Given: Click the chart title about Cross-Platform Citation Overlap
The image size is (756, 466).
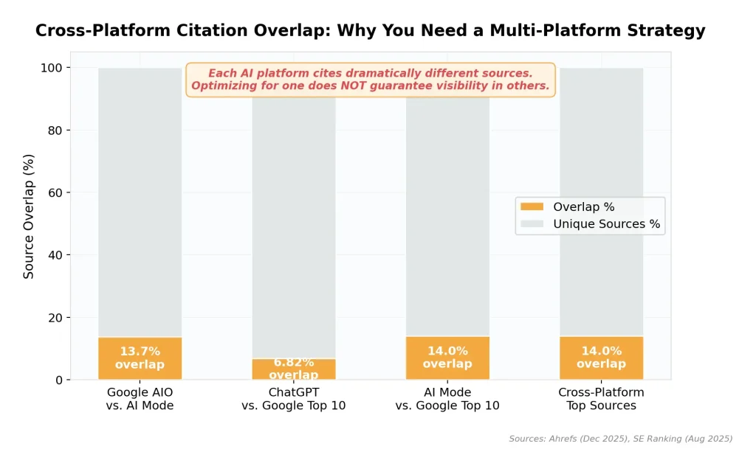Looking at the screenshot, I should click(x=370, y=31).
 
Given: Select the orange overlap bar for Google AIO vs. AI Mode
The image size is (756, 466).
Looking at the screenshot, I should click(x=140, y=358).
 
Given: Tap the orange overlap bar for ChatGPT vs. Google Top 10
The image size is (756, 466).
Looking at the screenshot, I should click(x=293, y=369).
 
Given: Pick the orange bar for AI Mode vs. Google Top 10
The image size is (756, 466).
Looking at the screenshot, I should click(x=447, y=358).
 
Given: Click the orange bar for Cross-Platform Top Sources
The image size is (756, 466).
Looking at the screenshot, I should click(x=601, y=358).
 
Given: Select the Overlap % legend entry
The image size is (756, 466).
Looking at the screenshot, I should click(x=583, y=207).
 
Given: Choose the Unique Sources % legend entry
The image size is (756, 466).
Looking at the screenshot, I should click(x=605, y=224).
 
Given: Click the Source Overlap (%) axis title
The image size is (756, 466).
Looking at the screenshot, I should click(x=29, y=216).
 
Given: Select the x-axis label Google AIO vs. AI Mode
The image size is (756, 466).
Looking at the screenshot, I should click(x=140, y=399).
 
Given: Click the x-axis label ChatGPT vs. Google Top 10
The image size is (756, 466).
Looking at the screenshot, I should click(x=294, y=399).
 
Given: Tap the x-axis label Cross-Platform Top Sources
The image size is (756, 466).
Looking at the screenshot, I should click(x=601, y=399).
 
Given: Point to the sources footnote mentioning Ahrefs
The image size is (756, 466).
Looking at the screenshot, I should click(x=620, y=439).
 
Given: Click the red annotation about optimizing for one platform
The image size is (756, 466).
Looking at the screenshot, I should click(x=370, y=86).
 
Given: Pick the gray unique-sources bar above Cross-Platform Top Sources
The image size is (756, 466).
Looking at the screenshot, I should click(x=601, y=199).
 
